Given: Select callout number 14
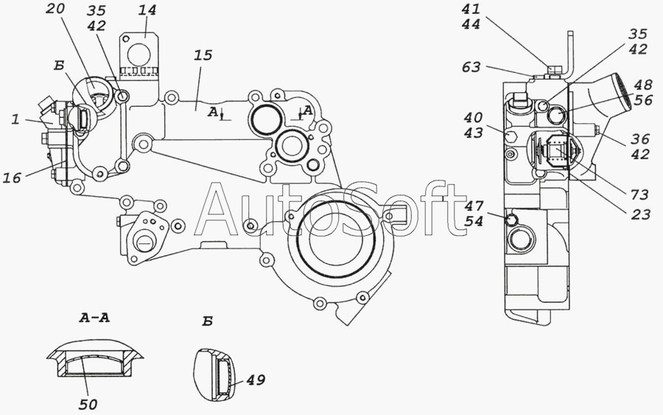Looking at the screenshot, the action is point(147,10).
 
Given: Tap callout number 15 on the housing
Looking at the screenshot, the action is point(203,55).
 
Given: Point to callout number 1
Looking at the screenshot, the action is point(15,119).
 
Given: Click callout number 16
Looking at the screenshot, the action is point(12,178).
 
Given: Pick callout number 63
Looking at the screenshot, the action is point(471,67).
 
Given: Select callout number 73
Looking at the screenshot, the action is point(639,195).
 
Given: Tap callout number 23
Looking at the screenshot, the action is point(641,215).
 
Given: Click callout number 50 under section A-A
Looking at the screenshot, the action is point(88,405).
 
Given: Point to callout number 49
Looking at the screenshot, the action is point(256,380).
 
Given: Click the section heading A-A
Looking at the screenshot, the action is point(94,318).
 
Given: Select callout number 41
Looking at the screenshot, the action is point(471,9).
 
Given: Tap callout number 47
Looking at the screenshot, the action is point(474,206).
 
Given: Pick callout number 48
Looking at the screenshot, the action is point(642,85).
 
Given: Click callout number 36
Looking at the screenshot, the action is point(640,139).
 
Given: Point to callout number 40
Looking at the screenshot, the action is point(473,117).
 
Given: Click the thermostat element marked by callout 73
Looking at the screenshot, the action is point(555,151).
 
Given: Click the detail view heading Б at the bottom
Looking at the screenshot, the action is point(207,321).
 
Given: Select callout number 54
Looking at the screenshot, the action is point(474,220).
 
